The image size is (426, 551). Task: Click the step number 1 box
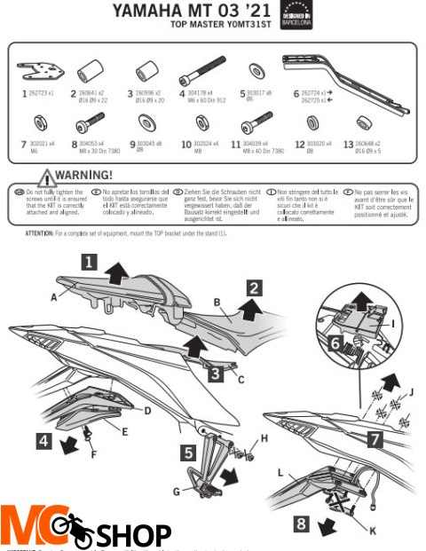[x=89, y=263]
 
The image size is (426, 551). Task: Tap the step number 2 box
[x=254, y=287]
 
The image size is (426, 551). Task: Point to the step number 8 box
[x=301, y=524]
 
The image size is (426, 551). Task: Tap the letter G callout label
[x=177, y=489]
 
